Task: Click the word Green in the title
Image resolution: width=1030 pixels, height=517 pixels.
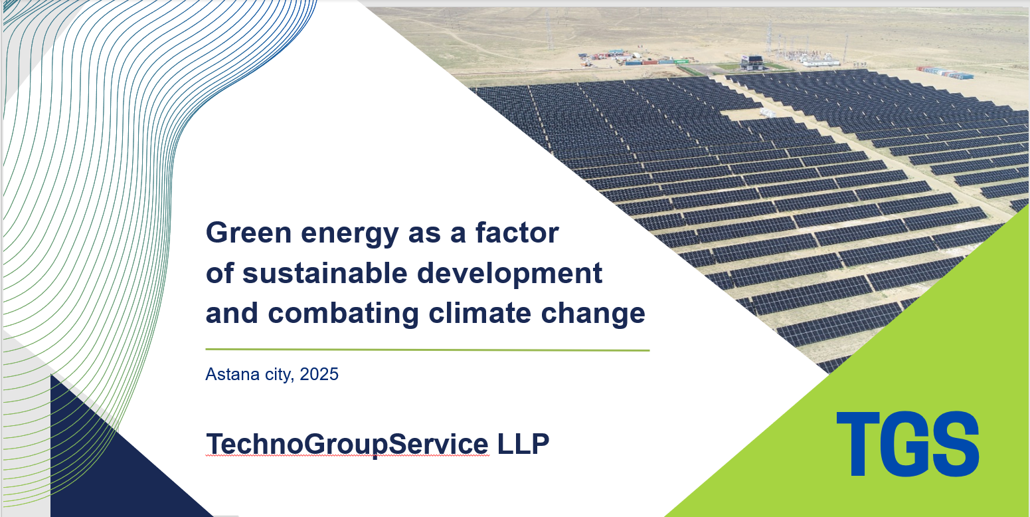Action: click(249, 233)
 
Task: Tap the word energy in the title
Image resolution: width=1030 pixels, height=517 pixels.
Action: click(350, 235)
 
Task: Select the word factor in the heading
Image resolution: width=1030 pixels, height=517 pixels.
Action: click(517, 232)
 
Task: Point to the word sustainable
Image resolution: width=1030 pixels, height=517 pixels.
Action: click(325, 272)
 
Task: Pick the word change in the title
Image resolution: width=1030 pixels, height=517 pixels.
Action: click(593, 314)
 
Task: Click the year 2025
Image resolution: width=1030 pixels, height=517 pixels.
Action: click(319, 374)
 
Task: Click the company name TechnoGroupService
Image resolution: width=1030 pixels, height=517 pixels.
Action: click(347, 445)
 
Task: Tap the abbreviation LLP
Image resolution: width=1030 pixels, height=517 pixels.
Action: click(523, 443)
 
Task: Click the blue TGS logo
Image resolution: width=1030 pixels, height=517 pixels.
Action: click(907, 443)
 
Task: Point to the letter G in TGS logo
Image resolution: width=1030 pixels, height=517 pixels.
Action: click(906, 443)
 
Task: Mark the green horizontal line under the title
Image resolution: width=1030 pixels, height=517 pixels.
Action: click(427, 350)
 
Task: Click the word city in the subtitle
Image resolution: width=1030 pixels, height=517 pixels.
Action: click(278, 375)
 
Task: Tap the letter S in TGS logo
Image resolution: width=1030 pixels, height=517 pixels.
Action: click(958, 443)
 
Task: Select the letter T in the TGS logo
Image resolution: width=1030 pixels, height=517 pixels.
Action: click(858, 444)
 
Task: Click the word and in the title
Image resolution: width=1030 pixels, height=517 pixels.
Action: click(232, 313)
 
